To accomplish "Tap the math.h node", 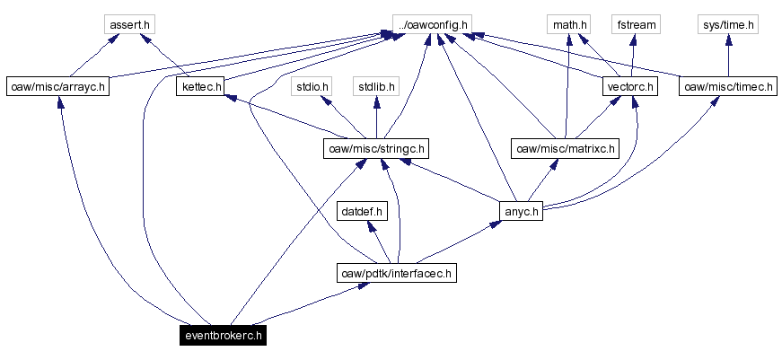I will point(570,24).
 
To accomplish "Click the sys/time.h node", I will point(728,24).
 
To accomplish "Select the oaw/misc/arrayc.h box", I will point(57,87).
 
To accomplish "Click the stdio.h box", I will point(313,87).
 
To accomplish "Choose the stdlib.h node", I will point(376,87).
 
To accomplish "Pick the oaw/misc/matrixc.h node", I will point(564,148).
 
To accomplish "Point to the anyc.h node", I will point(522,212).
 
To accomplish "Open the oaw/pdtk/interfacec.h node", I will point(397,273).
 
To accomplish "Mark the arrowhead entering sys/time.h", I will point(728,40).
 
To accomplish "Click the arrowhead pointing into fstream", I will point(635,40).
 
